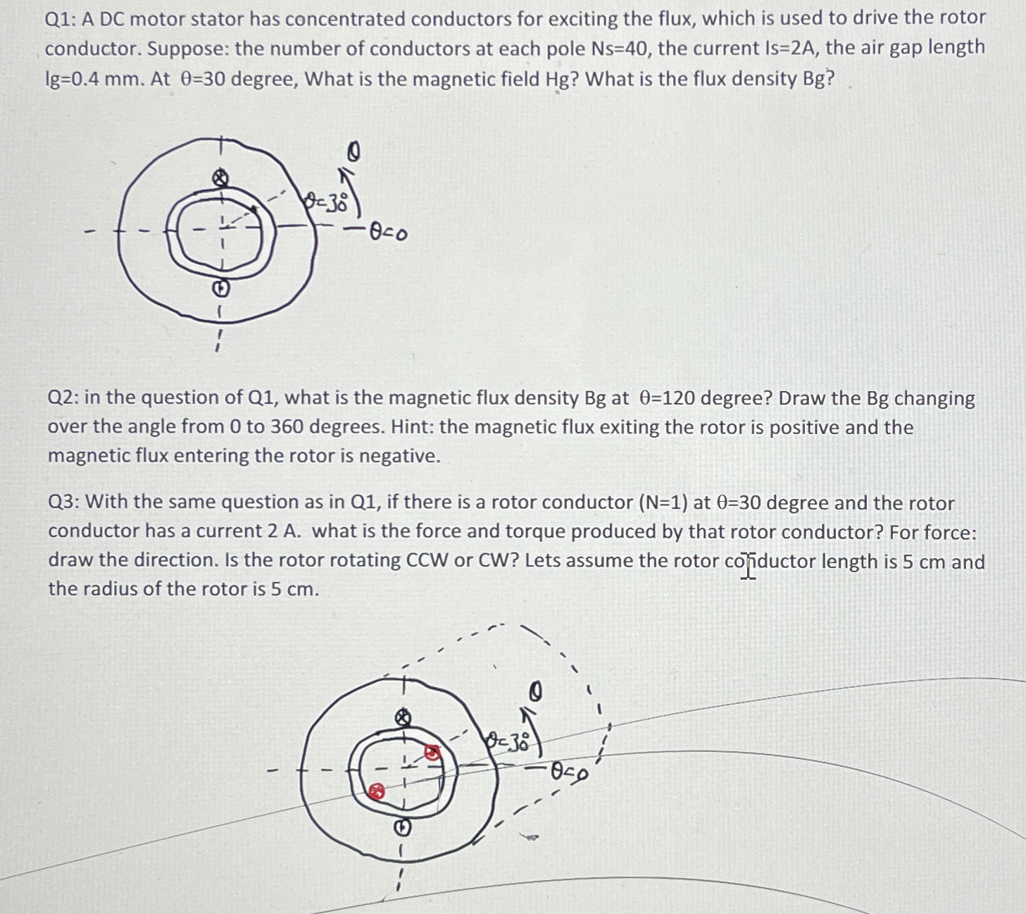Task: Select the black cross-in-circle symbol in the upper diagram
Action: click(x=220, y=177)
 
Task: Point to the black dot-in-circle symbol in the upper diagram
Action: click(x=220, y=288)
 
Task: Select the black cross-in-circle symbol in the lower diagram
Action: click(x=403, y=718)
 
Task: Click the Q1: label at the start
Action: click(x=60, y=19)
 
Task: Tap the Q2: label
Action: click(x=62, y=398)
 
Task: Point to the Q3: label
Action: click(x=63, y=502)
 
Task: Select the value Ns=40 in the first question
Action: click(x=619, y=49)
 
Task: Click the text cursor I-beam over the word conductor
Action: click(x=747, y=566)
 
